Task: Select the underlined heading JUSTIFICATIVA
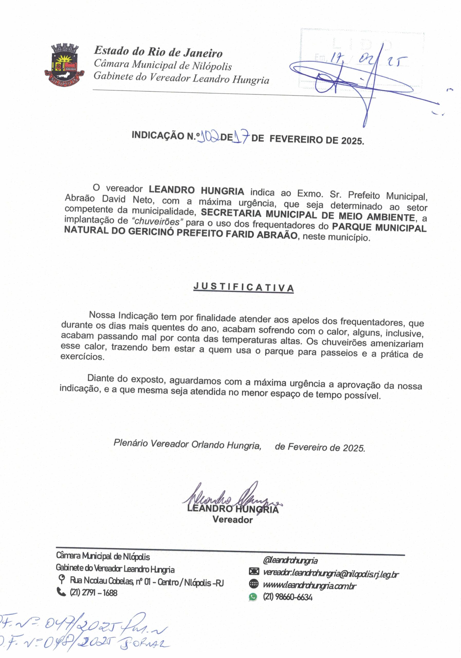pyautogui.click(x=244, y=287)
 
